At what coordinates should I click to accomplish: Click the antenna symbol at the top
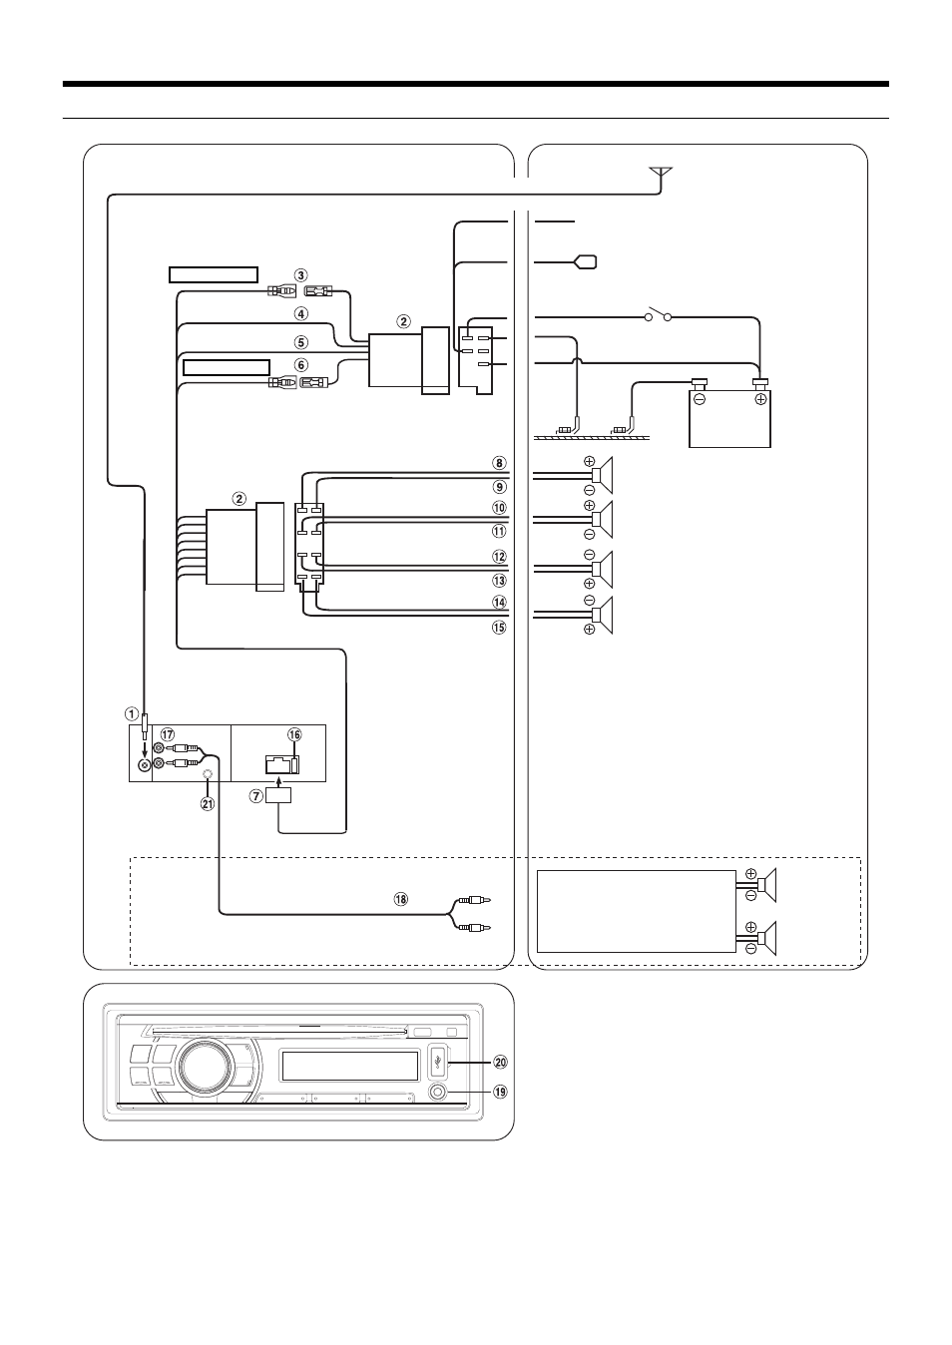(662, 175)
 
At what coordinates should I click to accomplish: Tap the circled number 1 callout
(132, 714)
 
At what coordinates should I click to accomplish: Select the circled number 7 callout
(256, 796)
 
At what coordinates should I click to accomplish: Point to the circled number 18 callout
(400, 899)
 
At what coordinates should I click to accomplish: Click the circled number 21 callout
(208, 804)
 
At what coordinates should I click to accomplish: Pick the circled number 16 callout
(294, 734)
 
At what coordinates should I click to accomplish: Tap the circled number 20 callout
(500, 1063)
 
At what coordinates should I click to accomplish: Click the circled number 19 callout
(500, 1092)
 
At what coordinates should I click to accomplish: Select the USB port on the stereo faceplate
(438, 1063)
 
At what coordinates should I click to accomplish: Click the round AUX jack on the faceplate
(438, 1092)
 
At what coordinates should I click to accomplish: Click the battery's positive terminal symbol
(760, 399)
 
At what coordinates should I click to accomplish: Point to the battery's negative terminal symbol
(700, 399)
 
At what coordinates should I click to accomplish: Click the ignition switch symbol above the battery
(658, 314)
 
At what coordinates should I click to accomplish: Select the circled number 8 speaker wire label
(500, 463)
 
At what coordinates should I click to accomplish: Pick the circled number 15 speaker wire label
(500, 628)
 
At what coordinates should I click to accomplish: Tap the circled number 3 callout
(301, 275)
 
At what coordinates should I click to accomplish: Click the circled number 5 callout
(301, 342)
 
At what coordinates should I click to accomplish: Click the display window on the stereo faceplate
(348, 1066)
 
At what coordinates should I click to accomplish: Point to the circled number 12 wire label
(500, 557)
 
